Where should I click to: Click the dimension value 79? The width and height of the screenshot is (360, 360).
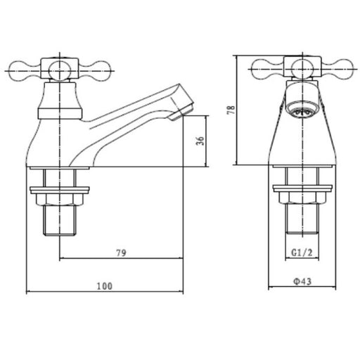(x=121, y=253)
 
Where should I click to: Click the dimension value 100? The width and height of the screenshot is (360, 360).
(x=105, y=286)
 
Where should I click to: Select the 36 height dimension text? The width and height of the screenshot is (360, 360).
(x=200, y=141)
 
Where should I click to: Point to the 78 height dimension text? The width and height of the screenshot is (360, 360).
(x=231, y=110)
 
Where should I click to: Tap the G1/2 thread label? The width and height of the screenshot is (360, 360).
(x=302, y=252)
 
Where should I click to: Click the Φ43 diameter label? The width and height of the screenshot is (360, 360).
(x=302, y=281)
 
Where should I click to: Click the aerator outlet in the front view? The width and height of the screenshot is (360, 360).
(x=302, y=110)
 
